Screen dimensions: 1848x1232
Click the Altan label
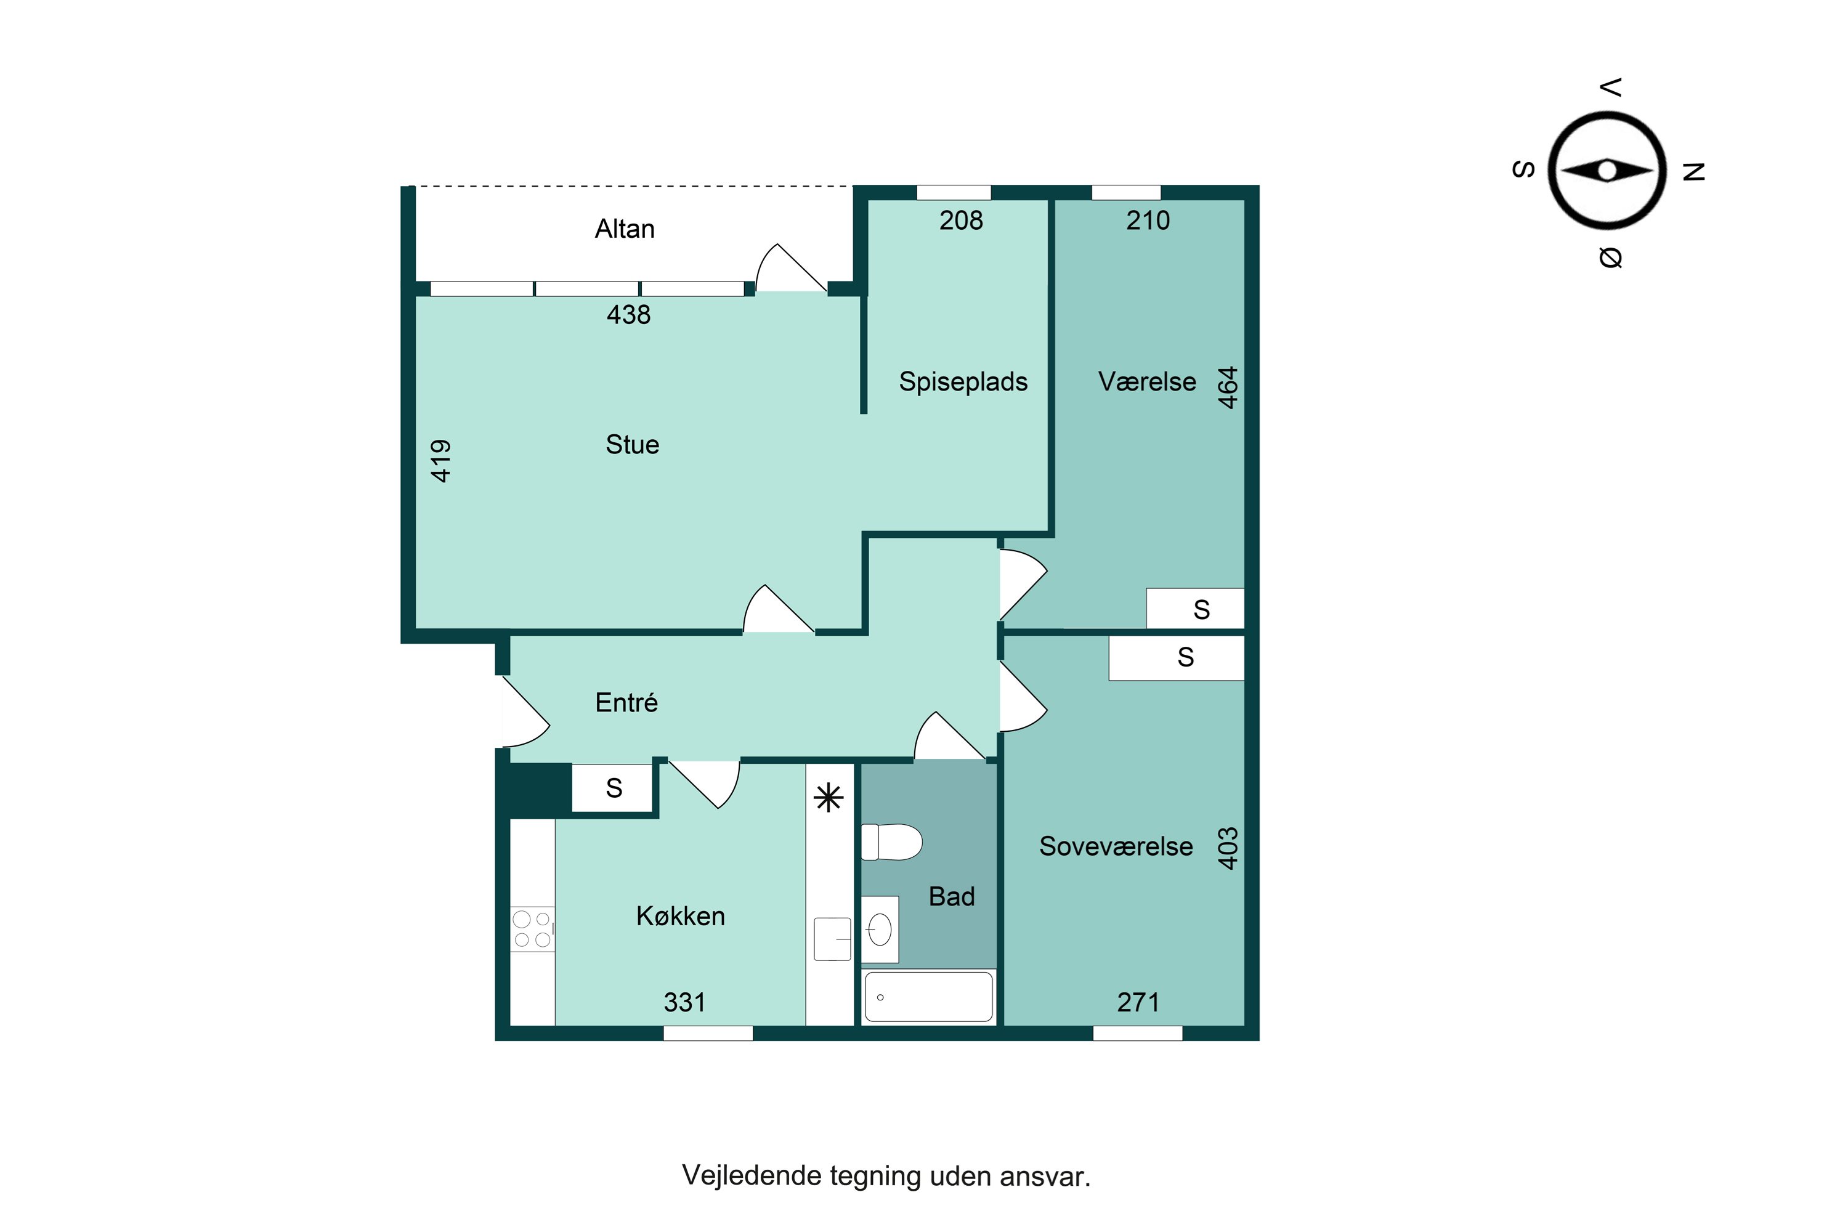(625, 229)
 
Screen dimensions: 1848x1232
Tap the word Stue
(633, 445)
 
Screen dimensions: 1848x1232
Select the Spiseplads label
(963, 382)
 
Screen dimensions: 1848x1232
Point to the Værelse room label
(1147, 381)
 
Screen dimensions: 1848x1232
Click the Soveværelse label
(1116, 846)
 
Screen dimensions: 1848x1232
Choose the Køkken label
(681, 915)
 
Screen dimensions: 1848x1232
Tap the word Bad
(952, 896)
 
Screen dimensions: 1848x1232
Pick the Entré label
(626, 702)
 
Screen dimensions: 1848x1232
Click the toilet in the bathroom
(892, 842)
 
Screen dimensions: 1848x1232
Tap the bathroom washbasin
(880, 930)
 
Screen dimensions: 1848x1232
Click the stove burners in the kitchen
(533, 930)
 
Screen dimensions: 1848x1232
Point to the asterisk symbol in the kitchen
(829, 798)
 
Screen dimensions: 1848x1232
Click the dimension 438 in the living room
(628, 314)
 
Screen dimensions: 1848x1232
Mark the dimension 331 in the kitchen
(684, 1003)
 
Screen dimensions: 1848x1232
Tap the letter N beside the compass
(1694, 171)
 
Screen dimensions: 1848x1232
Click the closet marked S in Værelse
(1195, 609)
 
